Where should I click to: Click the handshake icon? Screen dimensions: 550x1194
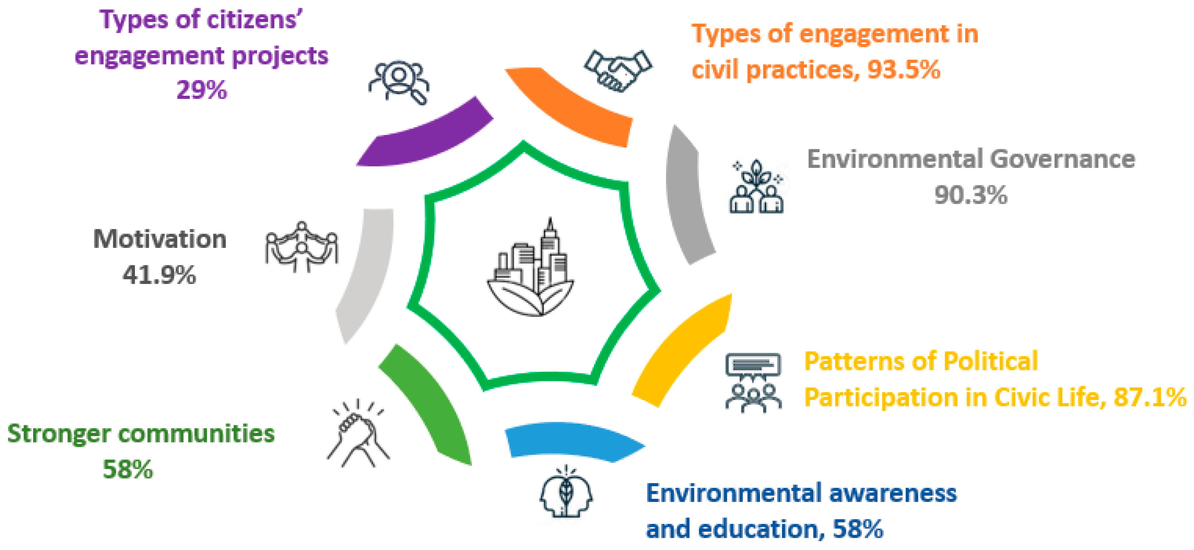[618, 70]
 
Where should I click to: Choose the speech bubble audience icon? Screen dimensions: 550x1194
[753, 382]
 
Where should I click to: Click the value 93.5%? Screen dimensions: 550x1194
[904, 70]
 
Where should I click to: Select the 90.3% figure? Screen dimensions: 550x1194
[971, 195]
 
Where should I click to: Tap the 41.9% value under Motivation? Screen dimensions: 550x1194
[159, 275]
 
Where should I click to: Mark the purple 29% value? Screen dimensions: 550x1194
[202, 90]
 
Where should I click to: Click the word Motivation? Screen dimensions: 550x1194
[160, 239]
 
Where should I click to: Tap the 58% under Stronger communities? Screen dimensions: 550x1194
[127, 469]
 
